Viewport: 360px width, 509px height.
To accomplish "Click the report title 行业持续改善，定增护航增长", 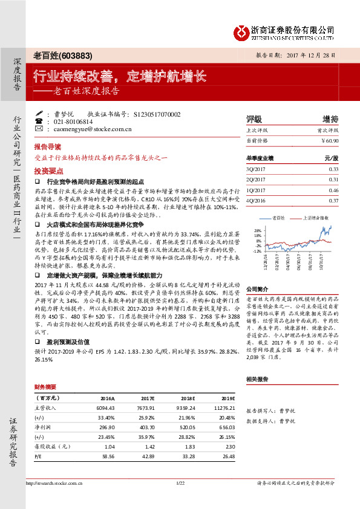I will click(x=119, y=77).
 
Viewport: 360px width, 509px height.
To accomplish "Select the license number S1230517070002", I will click(x=156, y=114).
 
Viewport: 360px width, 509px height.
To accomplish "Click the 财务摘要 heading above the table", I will click(x=45, y=386).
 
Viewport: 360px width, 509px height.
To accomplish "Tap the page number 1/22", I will click(x=180, y=483).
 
